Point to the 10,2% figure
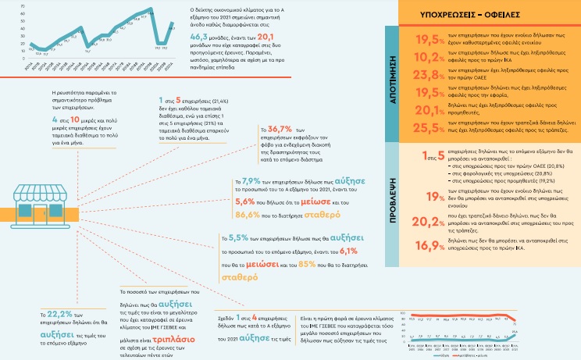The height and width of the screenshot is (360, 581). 431,56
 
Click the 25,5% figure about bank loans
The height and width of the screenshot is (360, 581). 431,127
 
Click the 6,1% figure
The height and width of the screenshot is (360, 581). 348,251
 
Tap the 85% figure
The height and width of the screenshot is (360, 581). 306,263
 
